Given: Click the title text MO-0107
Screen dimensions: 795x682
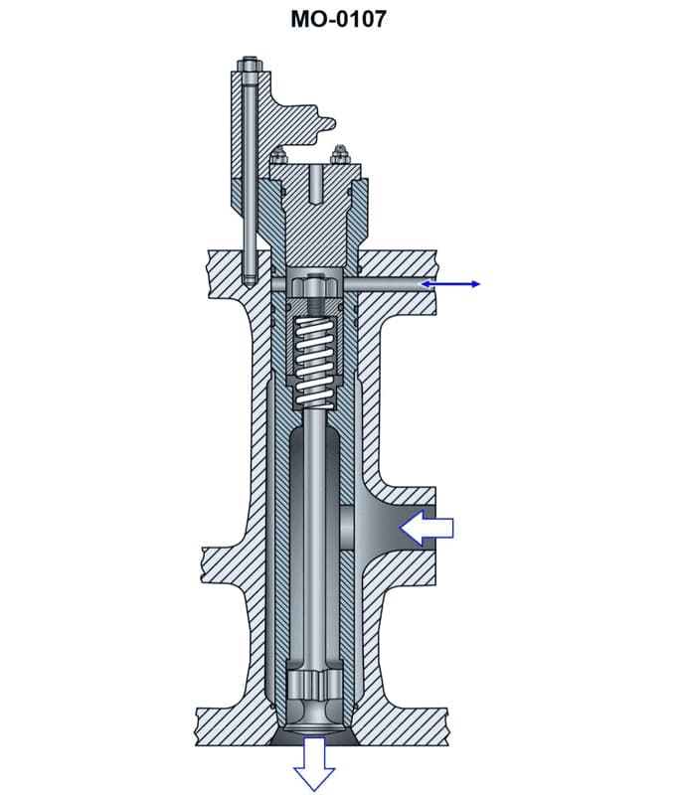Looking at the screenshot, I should click(x=338, y=18).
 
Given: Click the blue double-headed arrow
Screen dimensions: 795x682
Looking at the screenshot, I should click(x=450, y=284).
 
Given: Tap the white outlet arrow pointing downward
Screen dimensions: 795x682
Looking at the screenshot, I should click(x=314, y=763).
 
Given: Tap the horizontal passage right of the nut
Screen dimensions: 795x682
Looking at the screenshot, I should click(x=383, y=284).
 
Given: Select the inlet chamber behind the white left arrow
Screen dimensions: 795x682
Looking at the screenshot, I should click(x=383, y=527).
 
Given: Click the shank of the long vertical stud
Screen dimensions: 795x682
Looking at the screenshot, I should click(x=249, y=179).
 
